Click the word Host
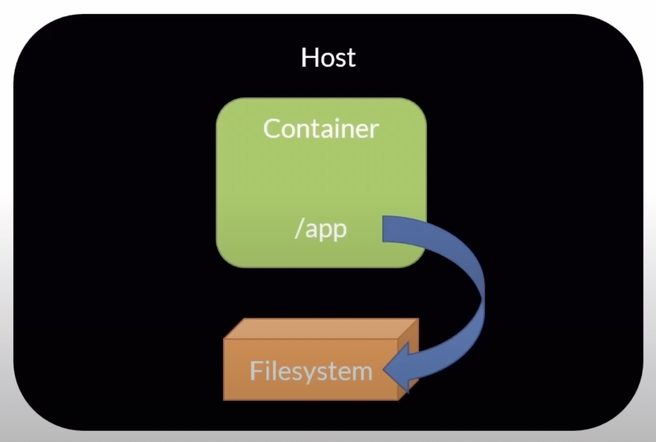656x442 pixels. (328, 57)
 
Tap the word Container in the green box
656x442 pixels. (321, 129)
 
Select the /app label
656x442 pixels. (321, 229)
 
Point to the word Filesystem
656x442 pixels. (311, 371)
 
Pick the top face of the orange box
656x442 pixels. (321, 328)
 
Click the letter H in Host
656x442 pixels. (309, 57)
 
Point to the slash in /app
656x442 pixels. (299, 229)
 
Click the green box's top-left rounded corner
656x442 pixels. (224, 106)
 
